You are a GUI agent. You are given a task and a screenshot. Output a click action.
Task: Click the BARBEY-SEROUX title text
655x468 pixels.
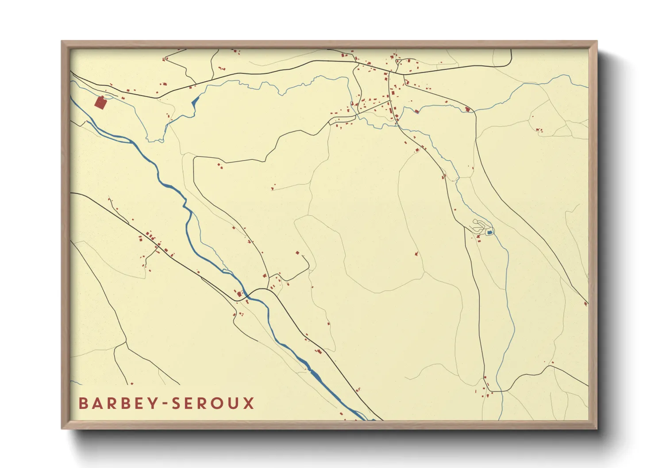[x=166, y=403]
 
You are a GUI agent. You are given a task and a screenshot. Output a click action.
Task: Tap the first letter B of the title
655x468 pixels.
[x=83, y=403]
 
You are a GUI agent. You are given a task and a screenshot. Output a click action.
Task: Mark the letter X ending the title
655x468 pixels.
[x=249, y=403]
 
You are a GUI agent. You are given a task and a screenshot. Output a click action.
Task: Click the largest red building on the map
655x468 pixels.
[x=100, y=103]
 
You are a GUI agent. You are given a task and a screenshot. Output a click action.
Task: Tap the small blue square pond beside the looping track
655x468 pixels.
[x=489, y=232]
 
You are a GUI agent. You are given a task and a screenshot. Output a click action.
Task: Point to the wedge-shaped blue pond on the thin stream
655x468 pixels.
[x=194, y=101]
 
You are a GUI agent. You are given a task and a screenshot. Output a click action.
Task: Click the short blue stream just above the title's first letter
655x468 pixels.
[x=77, y=383]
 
